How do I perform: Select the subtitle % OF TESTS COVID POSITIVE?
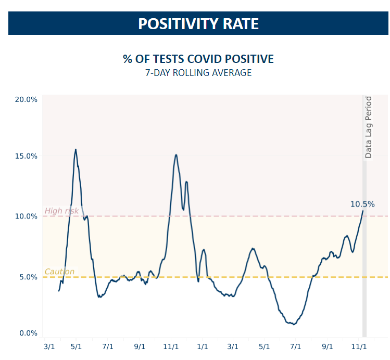click(198, 59)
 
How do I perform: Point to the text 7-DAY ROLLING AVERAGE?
click(198, 73)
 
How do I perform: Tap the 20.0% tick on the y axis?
click(25, 99)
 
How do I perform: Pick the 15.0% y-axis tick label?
click(25, 156)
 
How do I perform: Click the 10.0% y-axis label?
click(25, 216)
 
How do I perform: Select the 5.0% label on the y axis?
click(27, 277)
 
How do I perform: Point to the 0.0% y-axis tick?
click(27, 333)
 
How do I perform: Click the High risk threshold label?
click(61, 211)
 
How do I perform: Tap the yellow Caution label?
click(59, 272)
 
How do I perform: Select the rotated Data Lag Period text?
click(368, 127)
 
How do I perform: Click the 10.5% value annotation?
click(362, 204)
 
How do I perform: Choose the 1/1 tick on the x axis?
click(202, 345)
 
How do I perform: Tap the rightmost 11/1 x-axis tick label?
click(359, 345)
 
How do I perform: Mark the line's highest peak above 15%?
click(76, 149)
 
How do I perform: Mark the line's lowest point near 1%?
click(294, 324)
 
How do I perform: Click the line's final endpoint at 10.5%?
click(363, 210)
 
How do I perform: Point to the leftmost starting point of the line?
click(59, 290)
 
